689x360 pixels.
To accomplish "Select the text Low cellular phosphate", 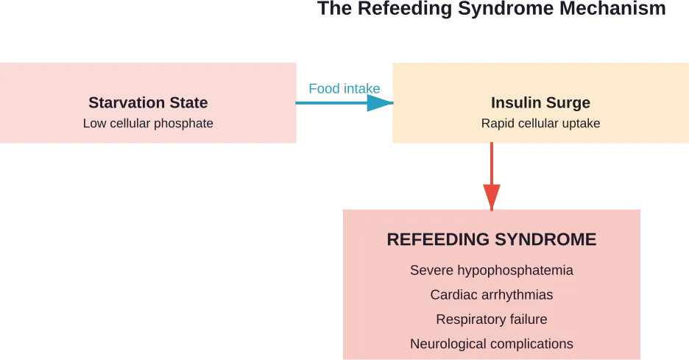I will pos(148,124).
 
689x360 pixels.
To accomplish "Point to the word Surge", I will pos(569,103).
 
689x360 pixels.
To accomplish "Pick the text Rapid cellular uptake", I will pos(540,124).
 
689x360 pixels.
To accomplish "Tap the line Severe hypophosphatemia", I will pos(491,270).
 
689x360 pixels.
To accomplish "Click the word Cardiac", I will pos(453,295).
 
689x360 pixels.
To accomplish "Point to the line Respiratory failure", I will pos(491,320).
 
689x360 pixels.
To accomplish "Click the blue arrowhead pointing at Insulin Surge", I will pos(381,104).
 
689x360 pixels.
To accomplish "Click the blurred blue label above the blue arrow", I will pos(343,88).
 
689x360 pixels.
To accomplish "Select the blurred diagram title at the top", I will pos(491,10).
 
